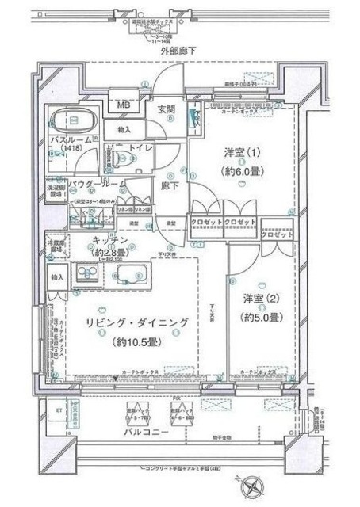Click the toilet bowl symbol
point(121,159)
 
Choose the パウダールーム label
point(97,184)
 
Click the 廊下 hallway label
point(169,186)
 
